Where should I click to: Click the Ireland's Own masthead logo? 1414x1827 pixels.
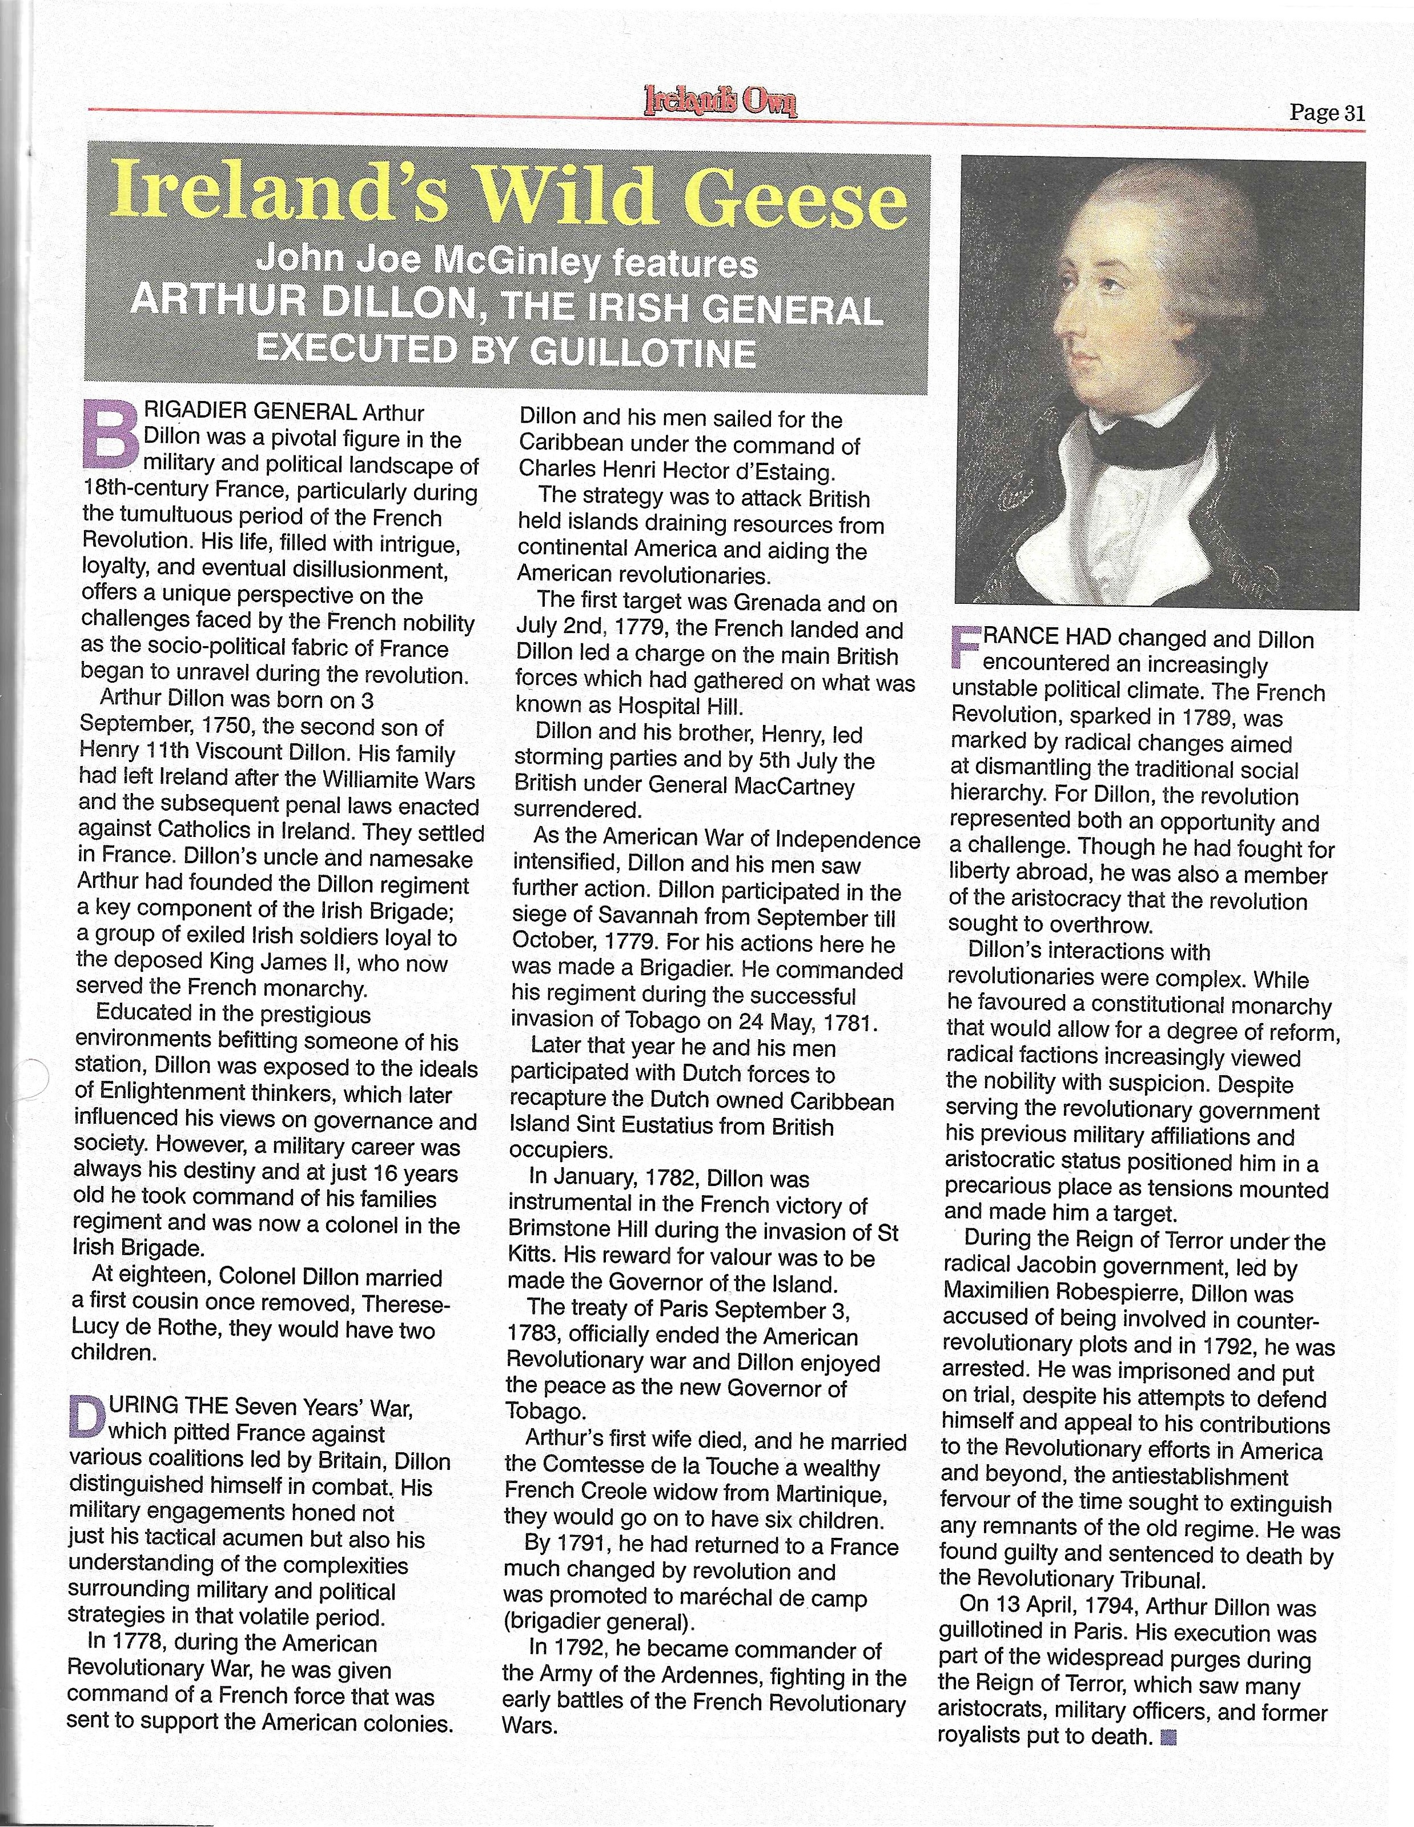click(720, 101)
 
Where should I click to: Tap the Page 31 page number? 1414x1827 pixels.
click(1327, 113)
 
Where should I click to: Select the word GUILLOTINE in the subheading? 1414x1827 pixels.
click(643, 351)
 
